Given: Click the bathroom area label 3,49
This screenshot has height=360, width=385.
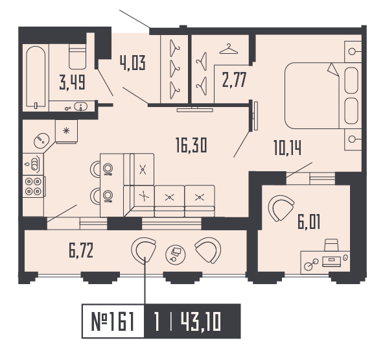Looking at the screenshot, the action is [x=72, y=82].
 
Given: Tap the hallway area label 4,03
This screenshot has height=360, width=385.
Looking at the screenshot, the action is [x=133, y=63].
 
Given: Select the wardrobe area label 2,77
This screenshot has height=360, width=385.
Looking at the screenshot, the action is [x=234, y=80].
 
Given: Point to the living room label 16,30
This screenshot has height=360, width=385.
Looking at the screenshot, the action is [x=191, y=145].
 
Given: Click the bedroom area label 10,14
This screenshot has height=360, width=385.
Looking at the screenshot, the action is [x=287, y=148].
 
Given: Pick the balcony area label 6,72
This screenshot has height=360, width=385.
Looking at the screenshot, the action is [x=81, y=250].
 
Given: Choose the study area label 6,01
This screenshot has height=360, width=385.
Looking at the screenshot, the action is [x=309, y=222].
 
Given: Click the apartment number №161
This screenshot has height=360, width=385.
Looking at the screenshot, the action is [x=113, y=321].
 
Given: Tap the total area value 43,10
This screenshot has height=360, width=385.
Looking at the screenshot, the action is [x=201, y=321].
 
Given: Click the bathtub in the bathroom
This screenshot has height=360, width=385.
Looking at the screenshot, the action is [x=36, y=77].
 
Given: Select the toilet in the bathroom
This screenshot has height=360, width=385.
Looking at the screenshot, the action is [x=77, y=56].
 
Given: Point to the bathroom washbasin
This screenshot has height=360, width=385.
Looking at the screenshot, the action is [x=81, y=106].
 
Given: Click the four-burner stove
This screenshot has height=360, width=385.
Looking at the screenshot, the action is [x=33, y=186].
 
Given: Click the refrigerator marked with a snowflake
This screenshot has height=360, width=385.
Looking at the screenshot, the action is [x=66, y=131].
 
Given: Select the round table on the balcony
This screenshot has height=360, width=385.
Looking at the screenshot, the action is [x=175, y=255].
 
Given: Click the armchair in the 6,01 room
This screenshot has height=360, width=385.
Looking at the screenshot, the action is [x=281, y=208].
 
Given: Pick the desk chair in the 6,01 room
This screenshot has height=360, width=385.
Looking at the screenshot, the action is [x=331, y=245].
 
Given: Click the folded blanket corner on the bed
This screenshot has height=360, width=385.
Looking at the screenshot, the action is [x=333, y=69].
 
